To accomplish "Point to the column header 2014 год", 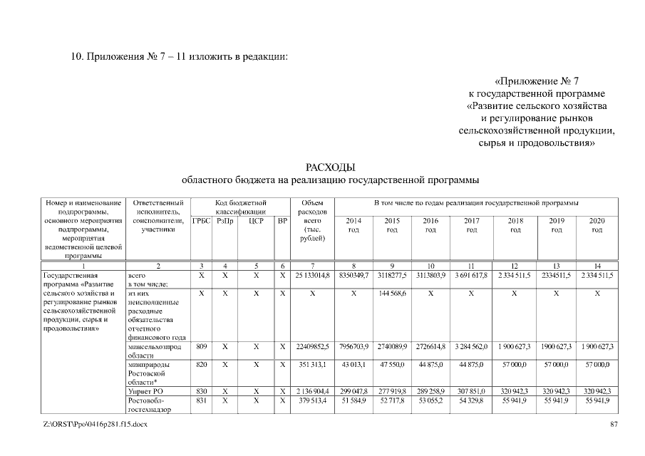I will (354, 225).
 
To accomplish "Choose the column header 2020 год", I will (597, 225).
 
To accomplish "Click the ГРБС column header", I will (202, 221).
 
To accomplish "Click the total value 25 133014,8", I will (314, 275).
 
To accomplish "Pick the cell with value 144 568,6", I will (392, 294).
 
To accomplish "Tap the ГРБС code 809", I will (202, 346).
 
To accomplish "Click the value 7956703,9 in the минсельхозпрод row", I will (354, 346).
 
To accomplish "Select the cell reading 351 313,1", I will (314, 364).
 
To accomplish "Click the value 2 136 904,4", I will (314, 392).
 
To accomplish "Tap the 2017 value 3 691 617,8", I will (471, 275).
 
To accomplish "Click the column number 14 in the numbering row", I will (597, 265).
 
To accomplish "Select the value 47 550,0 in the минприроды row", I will (392, 364).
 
